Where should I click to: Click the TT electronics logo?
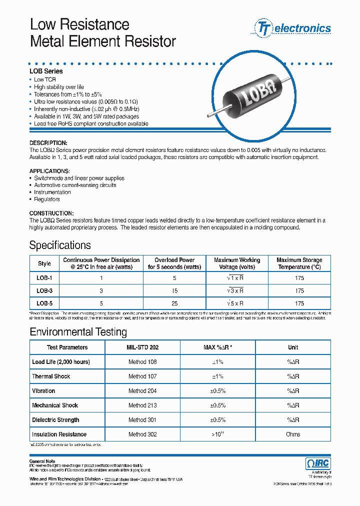(x=293, y=28)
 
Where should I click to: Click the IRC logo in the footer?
(x=317, y=463)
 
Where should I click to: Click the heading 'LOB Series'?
(x=46, y=71)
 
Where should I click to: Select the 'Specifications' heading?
(x=60, y=245)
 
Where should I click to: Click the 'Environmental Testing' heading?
(x=78, y=332)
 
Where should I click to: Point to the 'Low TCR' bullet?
(x=44, y=80)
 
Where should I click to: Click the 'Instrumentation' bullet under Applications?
(x=52, y=192)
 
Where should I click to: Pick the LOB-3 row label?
(x=44, y=290)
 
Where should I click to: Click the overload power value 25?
(x=174, y=303)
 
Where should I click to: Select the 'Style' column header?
(x=44, y=263)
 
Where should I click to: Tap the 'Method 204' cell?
(x=142, y=391)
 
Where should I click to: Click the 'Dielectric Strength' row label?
(x=55, y=420)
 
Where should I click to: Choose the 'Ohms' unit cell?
(x=293, y=434)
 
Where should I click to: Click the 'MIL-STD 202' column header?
(x=142, y=347)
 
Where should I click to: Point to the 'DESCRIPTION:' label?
(x=48, y=143)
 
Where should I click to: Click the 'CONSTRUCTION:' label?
(x=51, y=213)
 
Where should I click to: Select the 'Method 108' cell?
(x=142, y=362)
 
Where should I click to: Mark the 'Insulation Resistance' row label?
(x=59, y=434)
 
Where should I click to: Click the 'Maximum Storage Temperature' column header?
(x=299, y=263)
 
